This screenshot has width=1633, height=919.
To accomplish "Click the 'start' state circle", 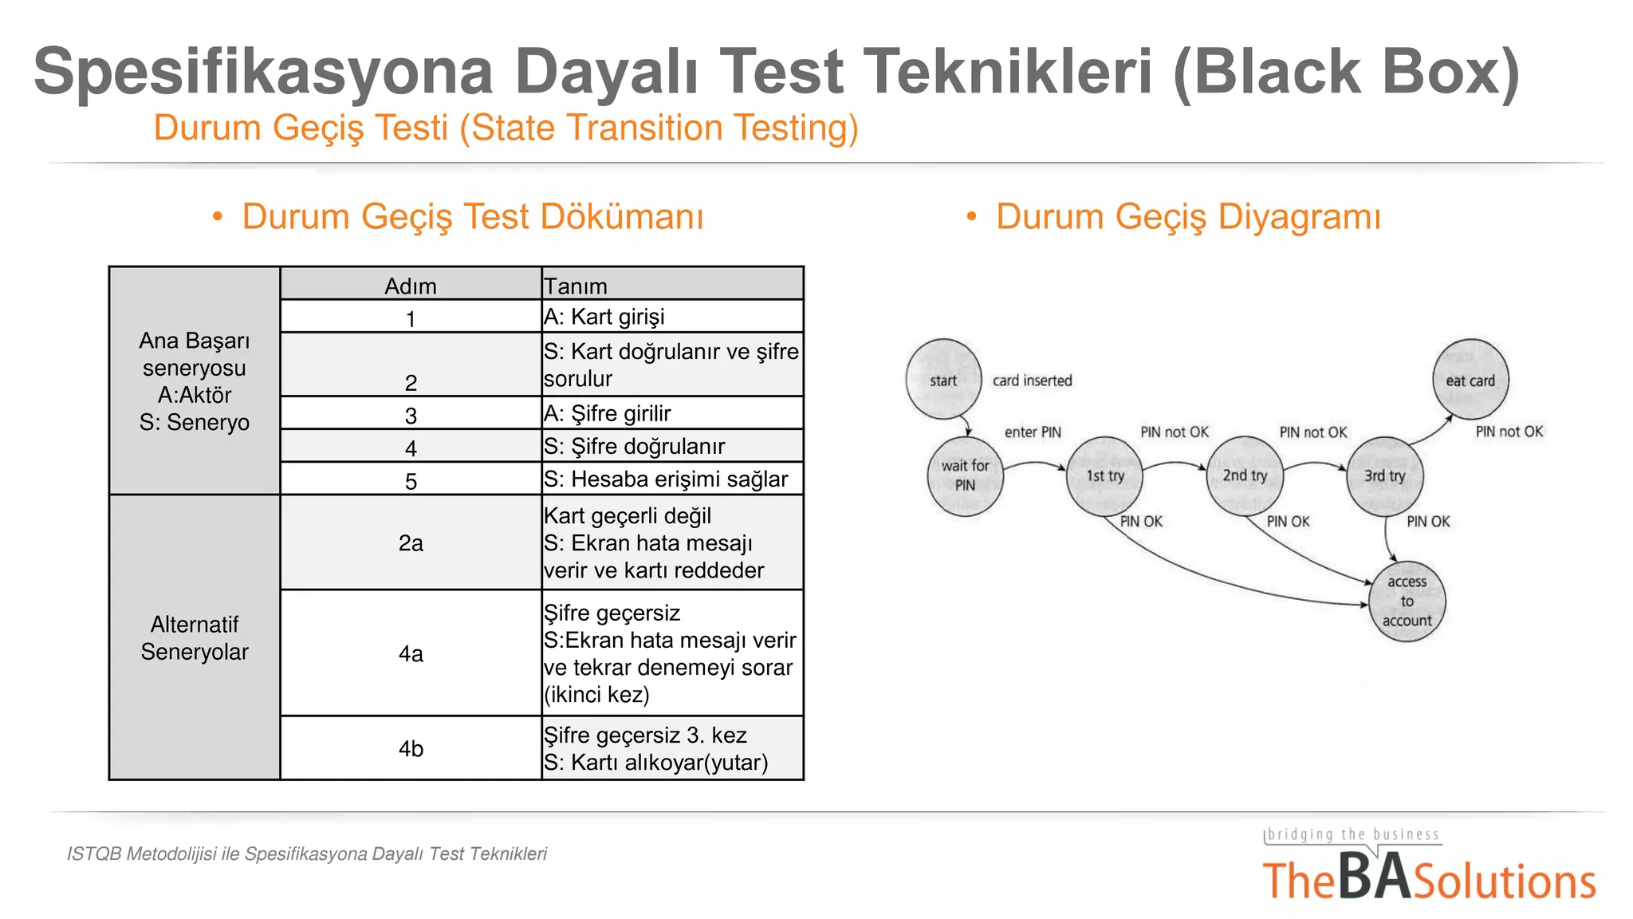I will (x=943, y=380).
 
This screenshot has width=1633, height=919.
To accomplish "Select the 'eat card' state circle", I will (x=1470, y=380).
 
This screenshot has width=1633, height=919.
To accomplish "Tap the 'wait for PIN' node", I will (x=965, y=475).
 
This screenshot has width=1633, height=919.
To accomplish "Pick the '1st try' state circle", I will (x=1104, y=476).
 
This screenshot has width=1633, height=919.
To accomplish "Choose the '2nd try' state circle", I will (x=1245, y=476).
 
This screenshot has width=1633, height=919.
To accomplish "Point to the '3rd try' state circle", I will (x=1384, y=476).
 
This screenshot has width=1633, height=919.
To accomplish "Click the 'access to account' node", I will (x=1407, y=601).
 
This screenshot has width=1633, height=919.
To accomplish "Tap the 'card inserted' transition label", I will (x=1032, y=381).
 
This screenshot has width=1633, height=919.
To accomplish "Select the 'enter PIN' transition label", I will (x=1033, y=432).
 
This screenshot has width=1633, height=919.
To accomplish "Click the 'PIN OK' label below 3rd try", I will (x=1428, y=521).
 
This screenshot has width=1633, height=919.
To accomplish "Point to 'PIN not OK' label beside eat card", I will (x=1509, y=432).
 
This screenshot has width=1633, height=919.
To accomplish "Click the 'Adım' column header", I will (x=411, y=286).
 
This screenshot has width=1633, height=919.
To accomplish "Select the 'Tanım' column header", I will (x=576, y=286).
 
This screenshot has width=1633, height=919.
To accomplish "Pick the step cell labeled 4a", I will (x=411, y=653).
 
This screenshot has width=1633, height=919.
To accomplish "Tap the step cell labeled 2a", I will (x=411, y=542).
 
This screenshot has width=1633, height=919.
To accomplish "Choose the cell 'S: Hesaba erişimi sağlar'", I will (x=666, y=479).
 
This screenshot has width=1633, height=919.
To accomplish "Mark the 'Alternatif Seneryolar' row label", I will (x=195, y=637).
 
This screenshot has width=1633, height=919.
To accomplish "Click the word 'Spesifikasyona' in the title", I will (x=263, y=72).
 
